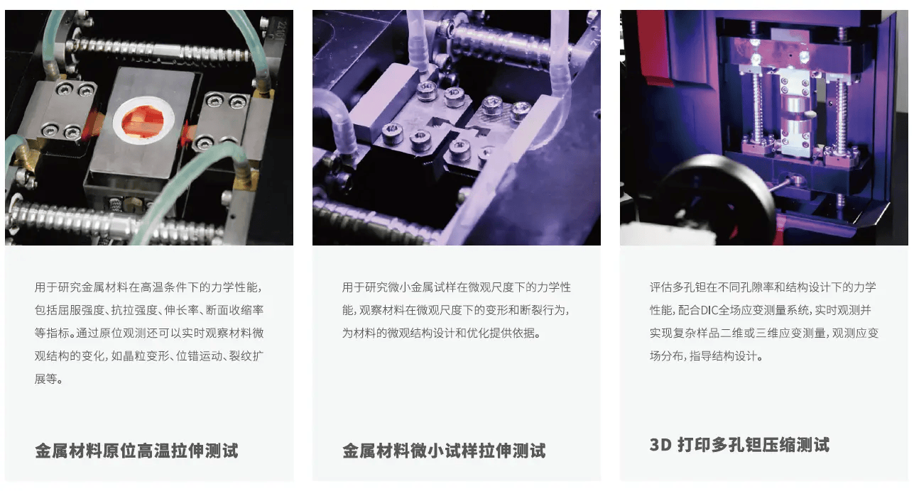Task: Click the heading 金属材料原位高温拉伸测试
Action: coord(136,451)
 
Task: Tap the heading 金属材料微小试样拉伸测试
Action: coord(444,451)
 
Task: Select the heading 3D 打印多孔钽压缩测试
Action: coord(739,445)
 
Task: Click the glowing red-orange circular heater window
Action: coord(143,121)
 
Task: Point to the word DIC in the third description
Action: coord(709,310)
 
